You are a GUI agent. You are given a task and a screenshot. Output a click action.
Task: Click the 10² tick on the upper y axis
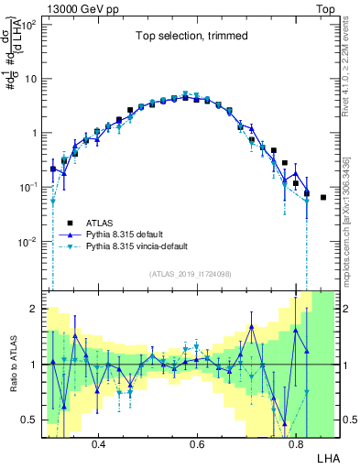[29, 24]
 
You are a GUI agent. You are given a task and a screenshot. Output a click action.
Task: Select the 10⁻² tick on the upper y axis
[29, 242]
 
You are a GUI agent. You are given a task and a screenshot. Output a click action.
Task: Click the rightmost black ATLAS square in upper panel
[323, 197]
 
